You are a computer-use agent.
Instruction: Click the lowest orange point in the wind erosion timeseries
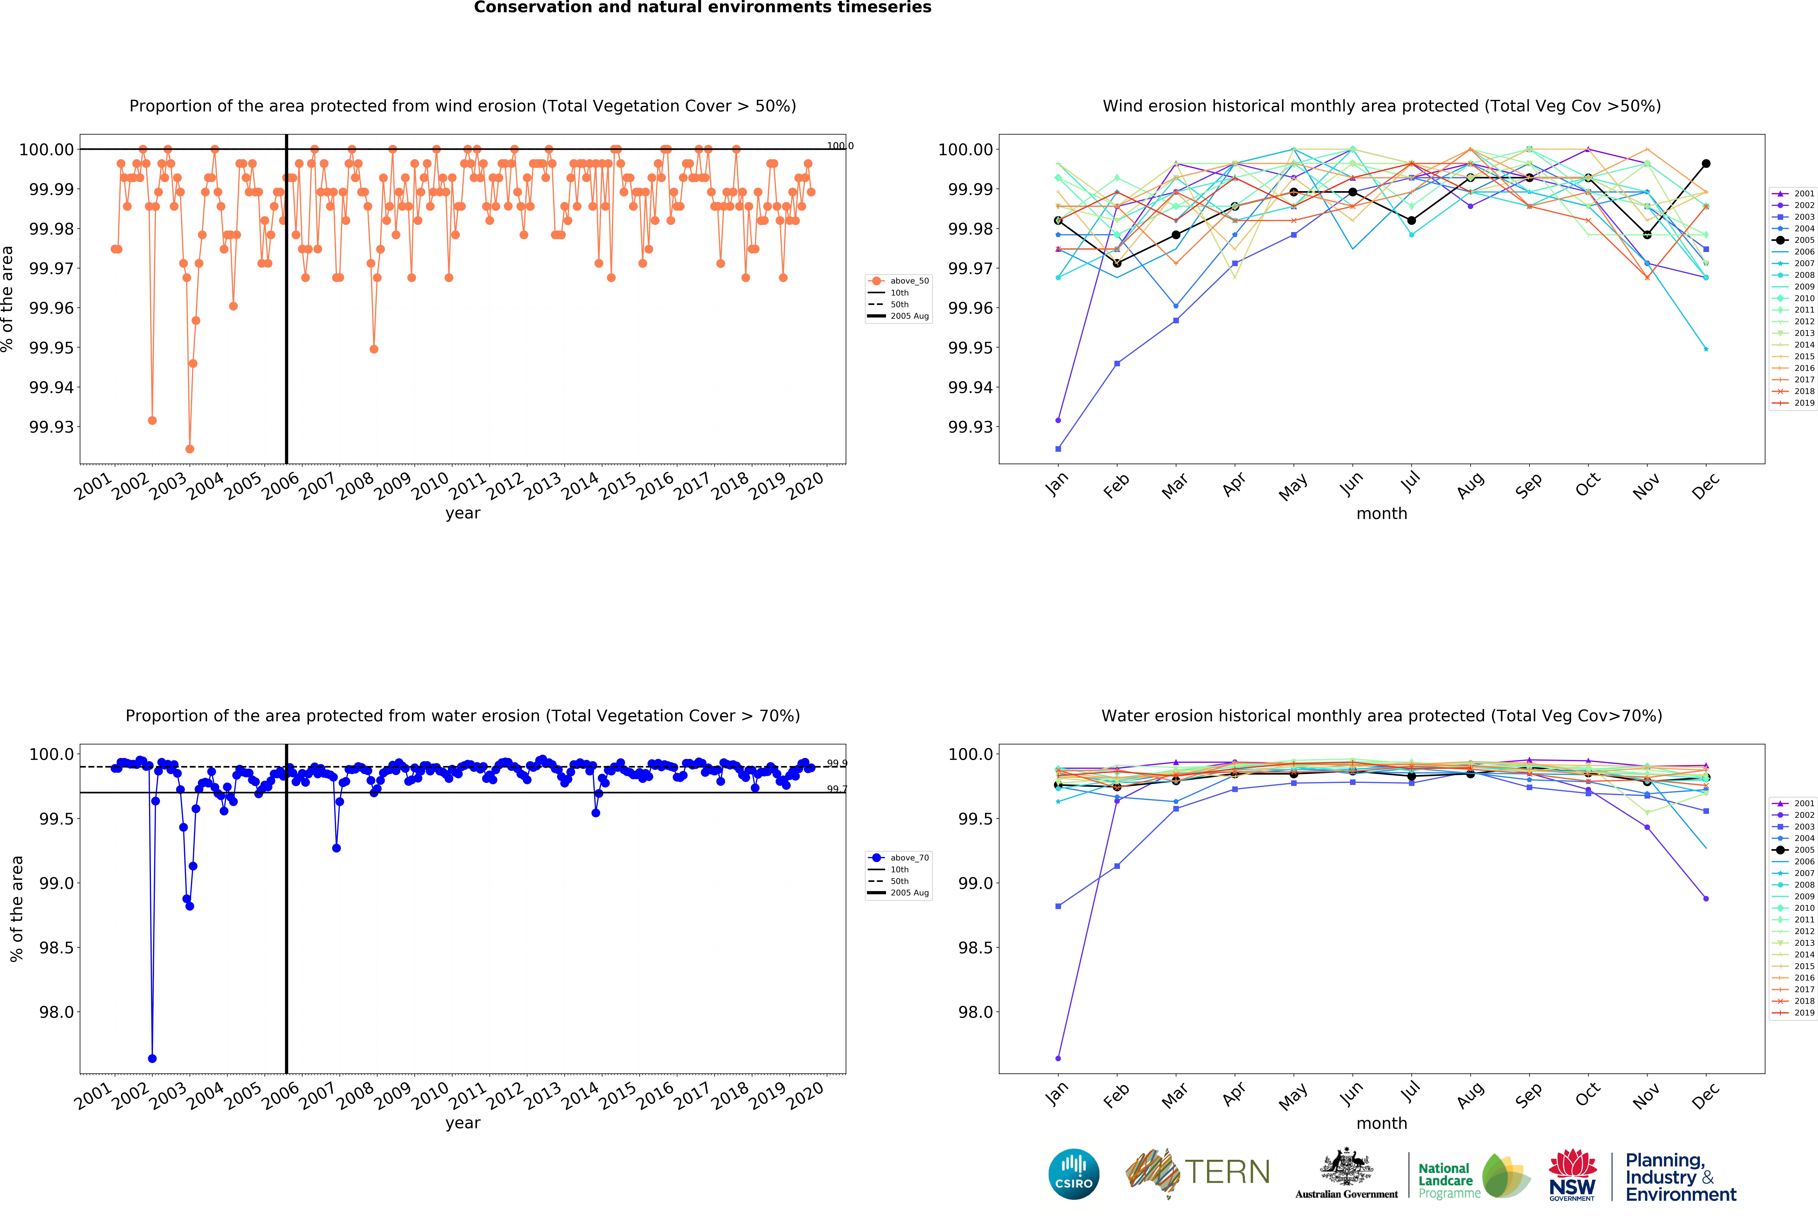(189, 448)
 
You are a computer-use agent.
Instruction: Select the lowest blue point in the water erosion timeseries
(152, 1058)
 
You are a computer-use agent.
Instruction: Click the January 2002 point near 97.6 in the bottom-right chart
(1058, 1058)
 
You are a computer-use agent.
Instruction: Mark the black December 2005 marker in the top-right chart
(1706, 163)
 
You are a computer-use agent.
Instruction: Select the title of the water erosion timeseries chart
(463, 716)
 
